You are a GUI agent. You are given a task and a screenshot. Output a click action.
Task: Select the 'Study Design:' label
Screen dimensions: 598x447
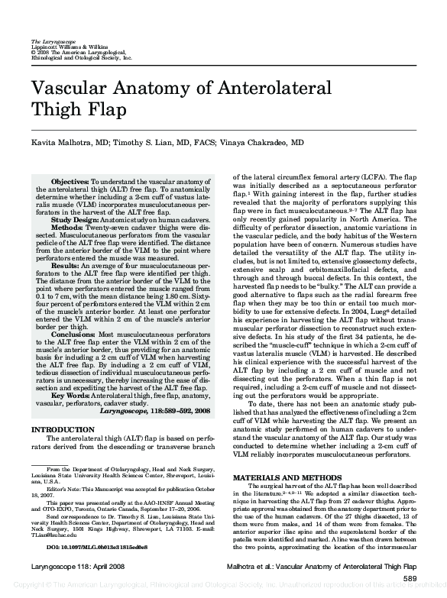(x=74, y=220)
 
